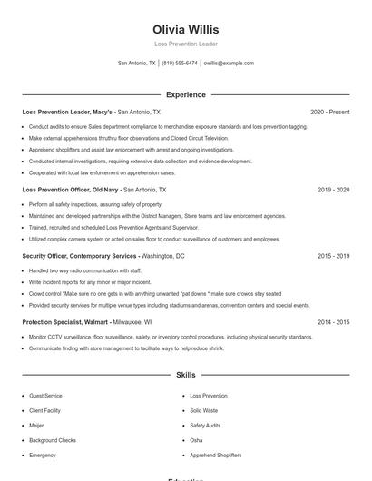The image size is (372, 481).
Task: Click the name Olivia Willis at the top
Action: pos(186,29)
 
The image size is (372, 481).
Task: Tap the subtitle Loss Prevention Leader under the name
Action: pos(186,44)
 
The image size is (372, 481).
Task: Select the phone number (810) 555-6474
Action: pos(179,64)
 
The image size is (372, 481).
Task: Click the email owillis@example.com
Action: pos(229,64)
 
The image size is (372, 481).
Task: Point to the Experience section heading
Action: pos(186,94)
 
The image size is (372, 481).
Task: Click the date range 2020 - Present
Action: pos(329,112)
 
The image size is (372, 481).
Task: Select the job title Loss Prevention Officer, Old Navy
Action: pos(69,191)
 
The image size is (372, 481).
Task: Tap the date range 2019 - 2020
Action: pos(333,191)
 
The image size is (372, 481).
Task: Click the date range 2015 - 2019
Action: pos(333,257)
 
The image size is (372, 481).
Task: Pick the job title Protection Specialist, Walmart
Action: pos(67,322)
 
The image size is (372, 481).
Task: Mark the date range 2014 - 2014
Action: pos(333,322)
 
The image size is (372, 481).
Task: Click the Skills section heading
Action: pos(186,374)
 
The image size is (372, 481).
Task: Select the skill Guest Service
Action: pos(45,397)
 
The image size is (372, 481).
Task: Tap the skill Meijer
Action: pos(36,426)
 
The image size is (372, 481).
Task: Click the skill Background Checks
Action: pos(53,440)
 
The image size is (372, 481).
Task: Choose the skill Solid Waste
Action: pos(204,411)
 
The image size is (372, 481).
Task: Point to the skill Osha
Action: pos(196,440)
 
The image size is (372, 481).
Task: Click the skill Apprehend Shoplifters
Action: pos(217,455)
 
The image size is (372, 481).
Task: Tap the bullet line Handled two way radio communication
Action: pos(84,270)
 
